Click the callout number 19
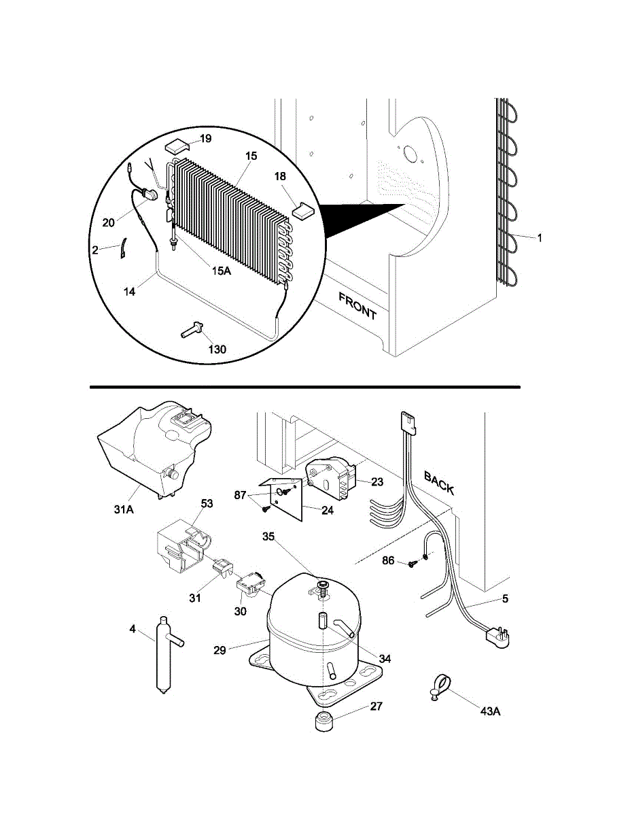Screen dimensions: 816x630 click(x=206, y=139)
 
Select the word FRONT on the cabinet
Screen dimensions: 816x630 click(x=357, y=306)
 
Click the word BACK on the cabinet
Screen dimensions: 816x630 click(x=439, y=483)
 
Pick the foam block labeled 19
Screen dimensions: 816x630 click(x=177, y=146)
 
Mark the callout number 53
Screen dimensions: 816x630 click(x=207, y=503)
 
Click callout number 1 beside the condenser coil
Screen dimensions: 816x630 click(x=540, y=239)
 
